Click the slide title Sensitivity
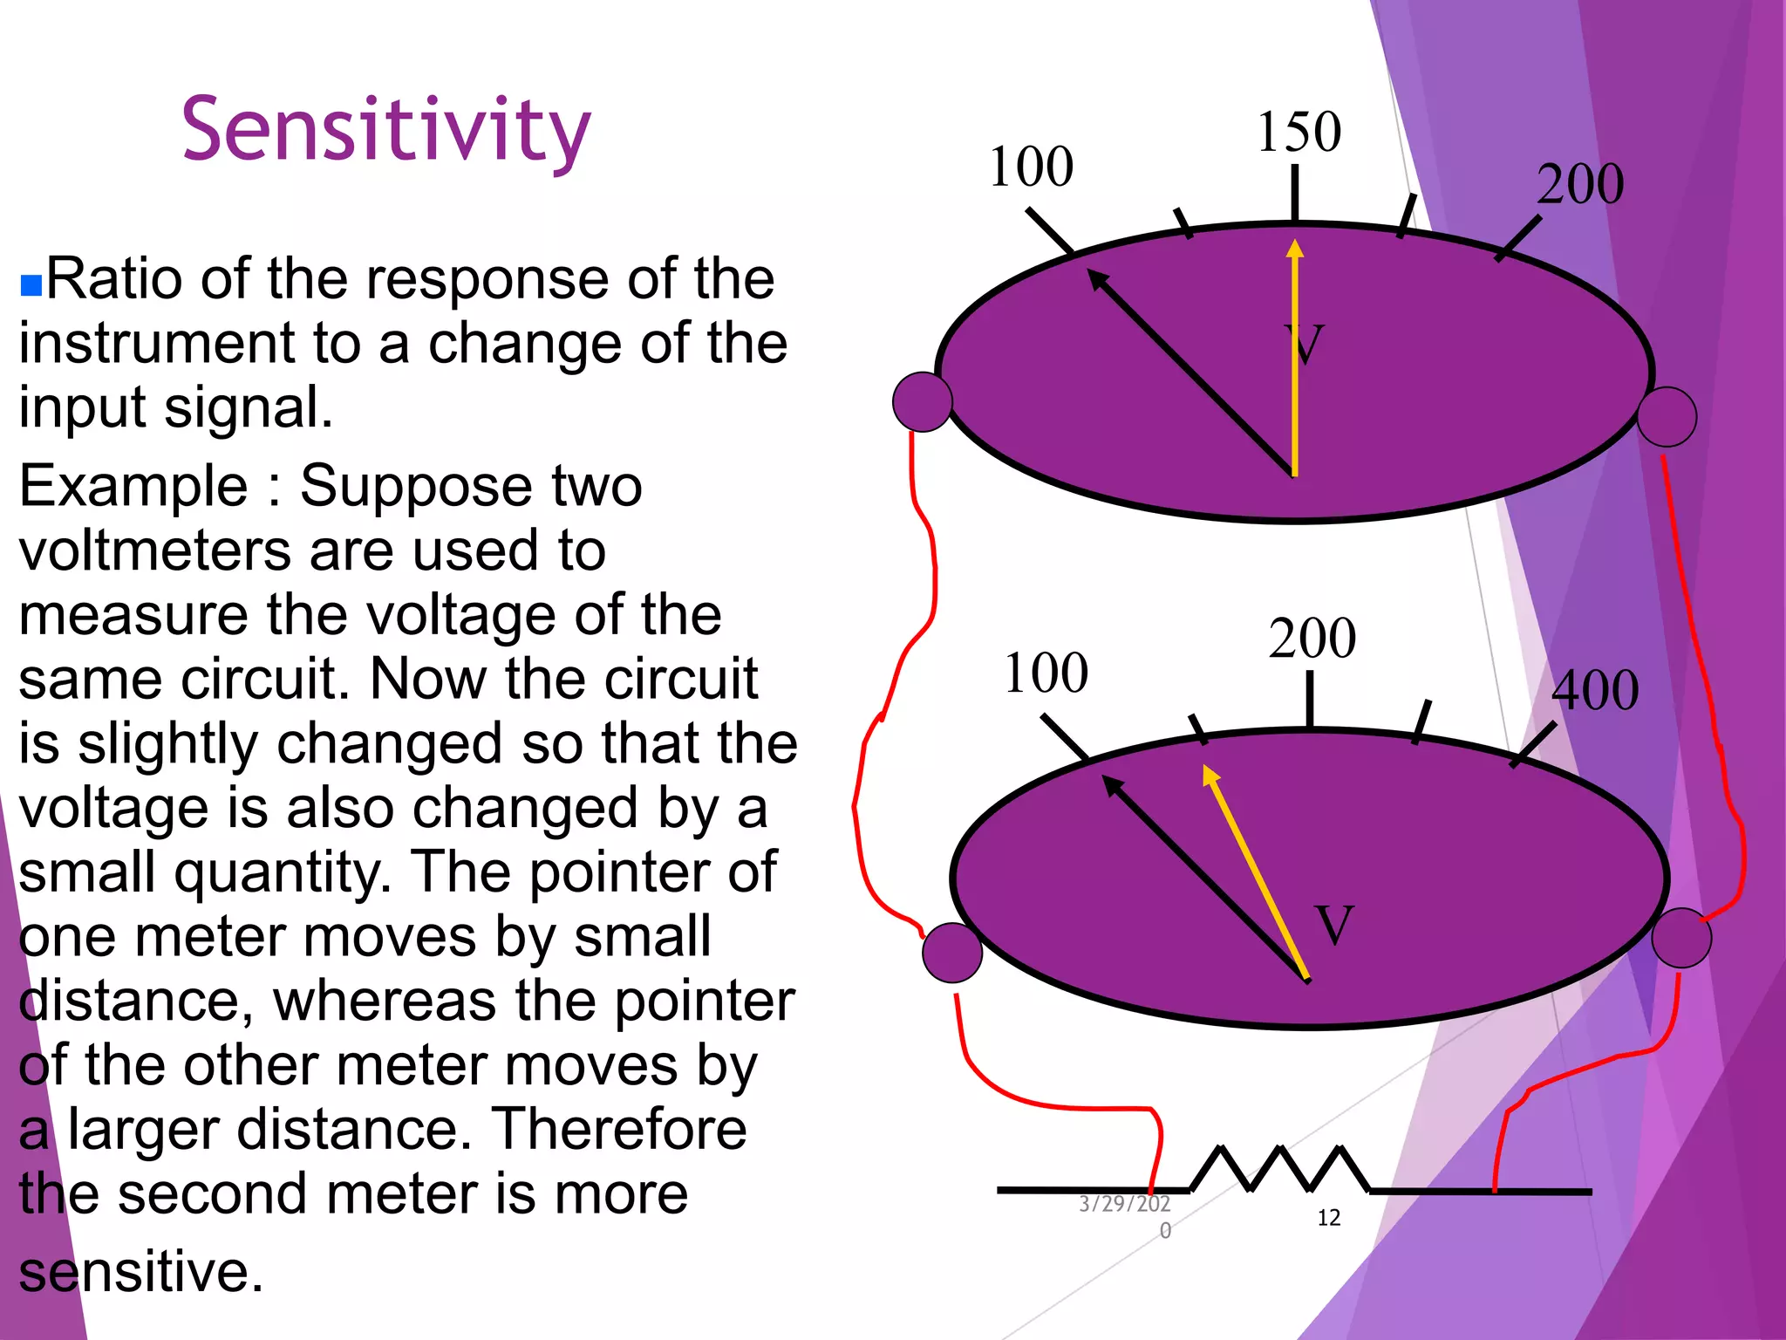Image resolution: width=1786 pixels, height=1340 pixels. coord(386,131)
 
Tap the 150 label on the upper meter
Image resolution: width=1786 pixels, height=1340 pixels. coord(1299,133)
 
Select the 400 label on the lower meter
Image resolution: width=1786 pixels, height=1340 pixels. coord(1595,691)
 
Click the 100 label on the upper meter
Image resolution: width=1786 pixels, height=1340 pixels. coord(1031,167)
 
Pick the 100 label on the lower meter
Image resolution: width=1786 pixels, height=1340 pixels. coord(1046,673)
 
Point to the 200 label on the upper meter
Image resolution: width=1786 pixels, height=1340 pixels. coord(1580,184)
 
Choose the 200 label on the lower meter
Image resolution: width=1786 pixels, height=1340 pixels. coord(1312,638)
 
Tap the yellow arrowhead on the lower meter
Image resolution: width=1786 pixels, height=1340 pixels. coord(1210,775)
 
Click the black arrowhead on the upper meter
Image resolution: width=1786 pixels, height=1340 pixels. coord(1098,279)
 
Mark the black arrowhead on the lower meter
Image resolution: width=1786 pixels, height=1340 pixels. coord(1113,784)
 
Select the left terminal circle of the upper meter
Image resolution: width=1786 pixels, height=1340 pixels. coord(923,402)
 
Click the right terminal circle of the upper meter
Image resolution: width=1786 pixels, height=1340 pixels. coord(1667,417)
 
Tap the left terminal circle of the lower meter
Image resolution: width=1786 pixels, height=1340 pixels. coord(952,953)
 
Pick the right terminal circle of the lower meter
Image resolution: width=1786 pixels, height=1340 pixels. coord(1681,938)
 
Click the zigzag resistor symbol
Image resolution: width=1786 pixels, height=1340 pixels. coord(1280,1169)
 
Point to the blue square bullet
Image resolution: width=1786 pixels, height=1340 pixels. coord(31,285)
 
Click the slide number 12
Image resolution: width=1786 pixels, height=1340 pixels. coord(1328,1218)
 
